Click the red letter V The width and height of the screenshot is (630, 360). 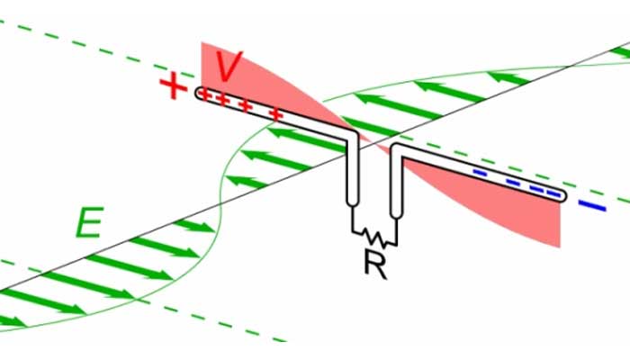pyautogui.click(x=230, y=67)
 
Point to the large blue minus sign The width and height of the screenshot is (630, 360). pyautogui.click(x=591, y=207)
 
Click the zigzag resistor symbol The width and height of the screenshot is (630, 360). pyautogui.click(x=373, y=237)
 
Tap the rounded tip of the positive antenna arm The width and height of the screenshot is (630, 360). pyautogui.click(x=201, y=94)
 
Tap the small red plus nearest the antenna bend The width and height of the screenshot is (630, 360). pyautogui.click(x=277, y=115)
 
